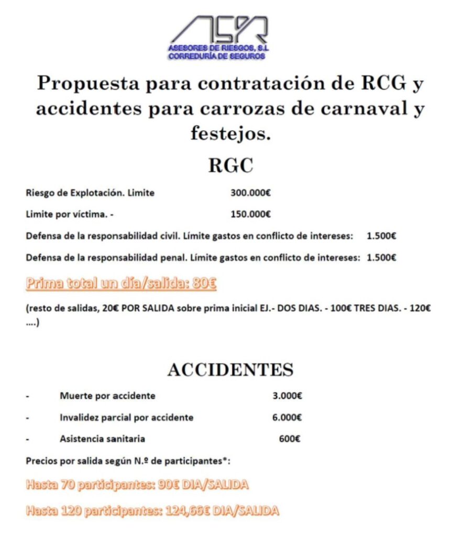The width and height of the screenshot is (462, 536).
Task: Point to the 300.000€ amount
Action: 250,193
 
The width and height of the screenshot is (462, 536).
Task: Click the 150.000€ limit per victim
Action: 250,214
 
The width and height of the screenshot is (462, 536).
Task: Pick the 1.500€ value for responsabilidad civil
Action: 381,236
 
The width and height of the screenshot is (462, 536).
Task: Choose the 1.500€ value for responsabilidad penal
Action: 381,257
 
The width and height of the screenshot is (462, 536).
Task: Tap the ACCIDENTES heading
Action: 230,370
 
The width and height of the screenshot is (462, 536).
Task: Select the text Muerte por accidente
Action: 107,396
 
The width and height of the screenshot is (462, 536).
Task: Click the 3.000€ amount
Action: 287,396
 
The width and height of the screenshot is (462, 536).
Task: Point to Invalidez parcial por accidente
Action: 126,417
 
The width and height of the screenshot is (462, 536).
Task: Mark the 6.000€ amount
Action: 287,417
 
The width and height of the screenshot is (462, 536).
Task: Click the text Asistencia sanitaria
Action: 102,439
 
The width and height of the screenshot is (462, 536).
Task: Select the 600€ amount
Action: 290,439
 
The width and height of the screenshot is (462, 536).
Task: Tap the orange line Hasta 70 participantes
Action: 137,485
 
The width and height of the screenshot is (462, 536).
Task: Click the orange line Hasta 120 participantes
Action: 152,510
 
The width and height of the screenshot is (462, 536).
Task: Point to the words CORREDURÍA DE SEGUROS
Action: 217,56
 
